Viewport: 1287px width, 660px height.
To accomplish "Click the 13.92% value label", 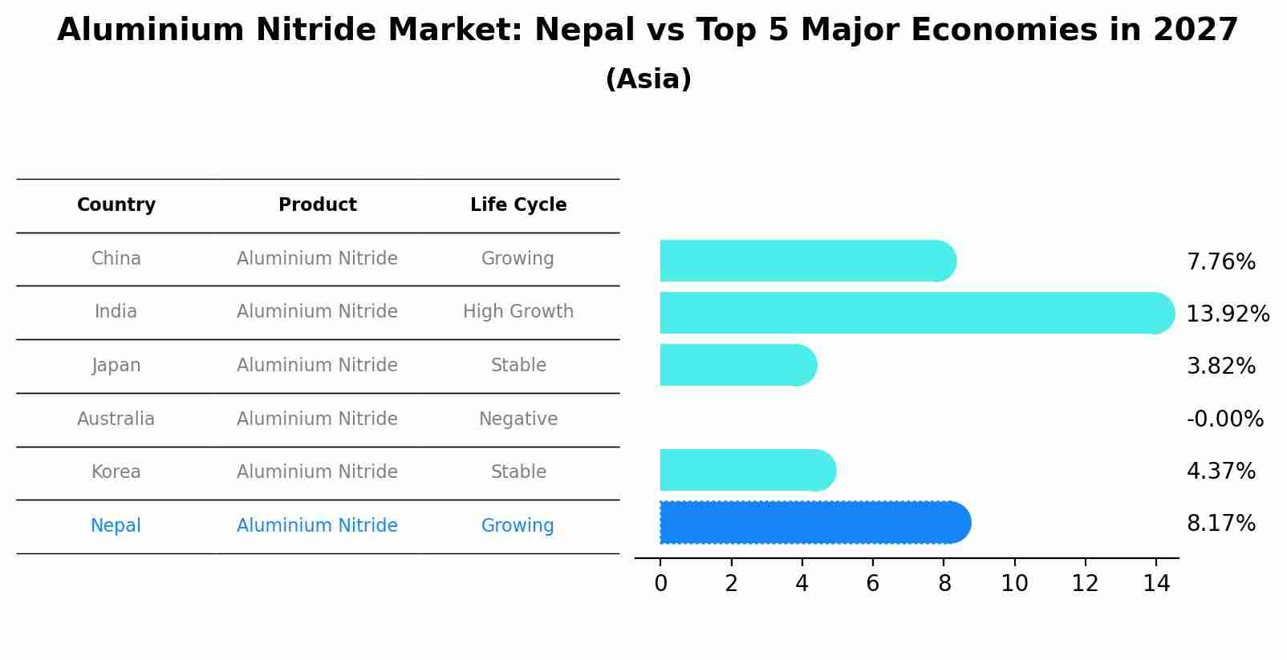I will (x=1227, y=314).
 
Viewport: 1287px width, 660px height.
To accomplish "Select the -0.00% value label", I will (x=1224, y=419).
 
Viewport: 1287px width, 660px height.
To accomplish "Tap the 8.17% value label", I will (x=1220, y=524).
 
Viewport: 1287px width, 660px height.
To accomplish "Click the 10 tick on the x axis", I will (x=1014, y=584).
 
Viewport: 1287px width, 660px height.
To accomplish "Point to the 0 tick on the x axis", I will (x=660, y=584).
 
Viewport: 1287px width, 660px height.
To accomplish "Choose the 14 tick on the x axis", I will (x=1156, y=584).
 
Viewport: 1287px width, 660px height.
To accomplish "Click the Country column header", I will (x=116, y=205).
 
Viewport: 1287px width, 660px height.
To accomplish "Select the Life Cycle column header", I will (x=518, y=205).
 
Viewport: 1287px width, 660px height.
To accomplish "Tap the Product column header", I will (x=317, y=205).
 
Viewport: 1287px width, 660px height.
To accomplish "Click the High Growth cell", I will (x=518, y=312).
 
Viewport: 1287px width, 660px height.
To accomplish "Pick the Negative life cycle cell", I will (x=518, y=419).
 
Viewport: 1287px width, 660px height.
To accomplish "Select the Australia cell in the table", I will (x=116, y=419).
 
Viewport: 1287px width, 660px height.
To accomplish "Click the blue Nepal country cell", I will (x=116, y=526).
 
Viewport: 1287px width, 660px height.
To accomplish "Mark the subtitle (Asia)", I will (x=648, y=79).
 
